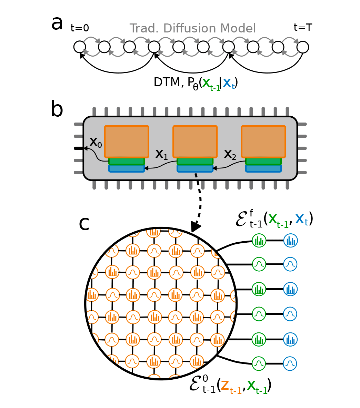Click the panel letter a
point(57,24)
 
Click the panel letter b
point(57,110)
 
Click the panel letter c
point(84,224)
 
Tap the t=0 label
point(80,28)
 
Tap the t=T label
point(303,27)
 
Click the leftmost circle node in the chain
point(80,47)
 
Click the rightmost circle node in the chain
point(303,47)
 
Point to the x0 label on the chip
point(96,142)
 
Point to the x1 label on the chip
point(161,154)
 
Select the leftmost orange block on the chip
point(127,142)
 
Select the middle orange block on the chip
point(195,142)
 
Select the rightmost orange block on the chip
point(263,142)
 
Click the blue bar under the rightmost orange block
point(263,168)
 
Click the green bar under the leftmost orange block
point(127,161)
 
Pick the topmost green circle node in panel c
point(259,240)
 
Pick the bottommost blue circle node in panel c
point(290,363)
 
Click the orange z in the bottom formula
point(225,385)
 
